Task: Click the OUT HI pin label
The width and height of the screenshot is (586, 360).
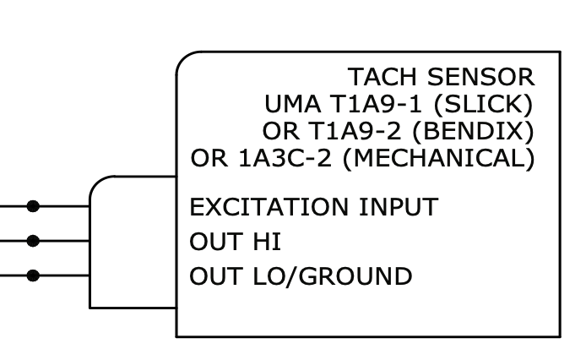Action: [x=235, y=242]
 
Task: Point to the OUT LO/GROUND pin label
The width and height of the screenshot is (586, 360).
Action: [x=301, y=276]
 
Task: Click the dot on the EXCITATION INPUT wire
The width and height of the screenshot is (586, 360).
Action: [x=33, y=205]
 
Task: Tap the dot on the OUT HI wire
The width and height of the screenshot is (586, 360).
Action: [x=33, y=241]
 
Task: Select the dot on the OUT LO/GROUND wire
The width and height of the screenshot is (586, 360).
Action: [x=33, y=275]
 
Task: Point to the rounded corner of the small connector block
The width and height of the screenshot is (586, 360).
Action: [x=97, y=184]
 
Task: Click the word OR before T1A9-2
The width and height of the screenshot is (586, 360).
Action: [x=277, y=132]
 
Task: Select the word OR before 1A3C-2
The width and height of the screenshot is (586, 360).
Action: [x=205, y=159]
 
